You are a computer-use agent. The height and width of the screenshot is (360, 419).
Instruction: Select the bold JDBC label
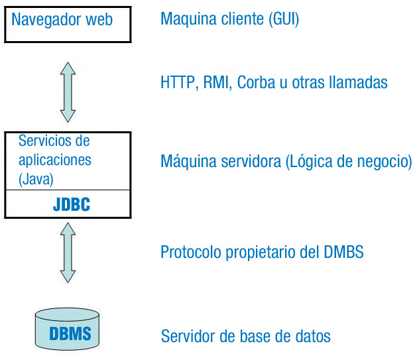pyautogui.click(x=72, y=204)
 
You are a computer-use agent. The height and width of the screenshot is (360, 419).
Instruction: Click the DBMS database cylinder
pyautogui.click(x=67, y=329)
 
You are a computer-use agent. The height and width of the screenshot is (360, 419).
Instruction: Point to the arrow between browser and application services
pyautogui.click(x=68, y=92)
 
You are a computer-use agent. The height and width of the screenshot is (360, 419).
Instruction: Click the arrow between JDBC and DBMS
pyautogui.click(x=68, y=253)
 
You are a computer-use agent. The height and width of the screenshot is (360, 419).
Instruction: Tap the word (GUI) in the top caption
pyautogui.click(x=284, y=19)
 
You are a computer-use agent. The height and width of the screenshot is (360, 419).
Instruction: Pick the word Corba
pyautogui.click(x=256, y=82)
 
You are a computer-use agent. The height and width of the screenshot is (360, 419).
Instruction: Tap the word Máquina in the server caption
pyautogui.click(x=188, y=161)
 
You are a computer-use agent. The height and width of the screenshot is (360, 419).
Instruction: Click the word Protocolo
pyautogui.click(x=191, y=252)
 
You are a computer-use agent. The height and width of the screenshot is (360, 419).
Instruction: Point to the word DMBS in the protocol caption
pyautogui.click(x=343, y=252)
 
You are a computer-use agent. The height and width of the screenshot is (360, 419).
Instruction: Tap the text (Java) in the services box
pyautogui.click(x=36, y=179)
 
